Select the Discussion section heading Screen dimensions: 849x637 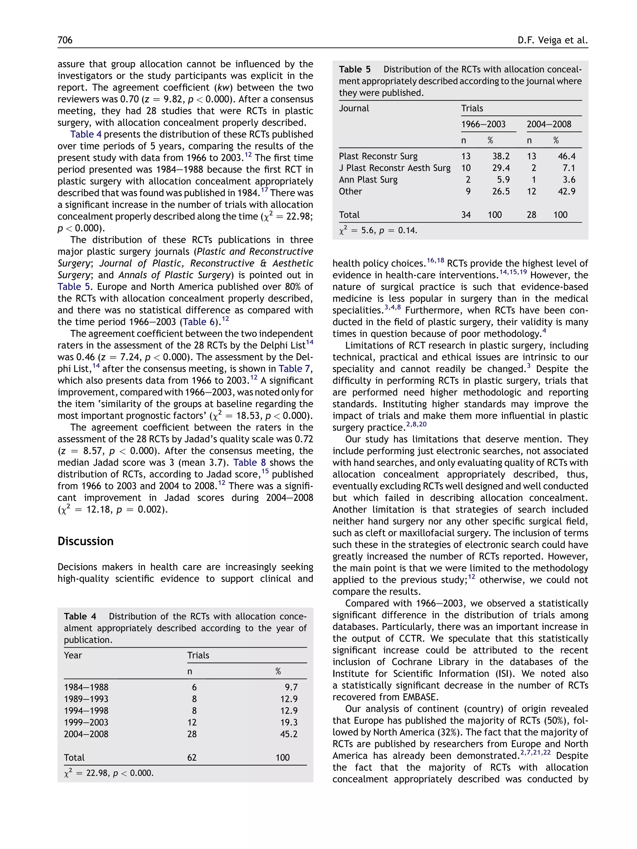click(x=85, y=541)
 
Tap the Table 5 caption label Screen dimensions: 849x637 click(x=354, y=69)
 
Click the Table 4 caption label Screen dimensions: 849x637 click(x=80, y=616)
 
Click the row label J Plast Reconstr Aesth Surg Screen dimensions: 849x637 click(x=394, y=168)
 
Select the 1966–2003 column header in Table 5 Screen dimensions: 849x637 click(x=483, y=124)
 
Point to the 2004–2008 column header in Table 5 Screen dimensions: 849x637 click(x=549, y=124)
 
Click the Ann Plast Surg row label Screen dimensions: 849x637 click(x=368, y=180)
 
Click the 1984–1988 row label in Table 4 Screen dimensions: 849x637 click(x=86, y=687)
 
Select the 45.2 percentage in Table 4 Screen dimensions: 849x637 click(x=289, y=734)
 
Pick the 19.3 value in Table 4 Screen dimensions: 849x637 click(x=289, y=722)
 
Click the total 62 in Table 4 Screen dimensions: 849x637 click(x=192, y=758)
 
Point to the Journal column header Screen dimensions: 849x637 click(x=354, y=108)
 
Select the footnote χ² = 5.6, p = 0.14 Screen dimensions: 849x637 click(x=378, y=231)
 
